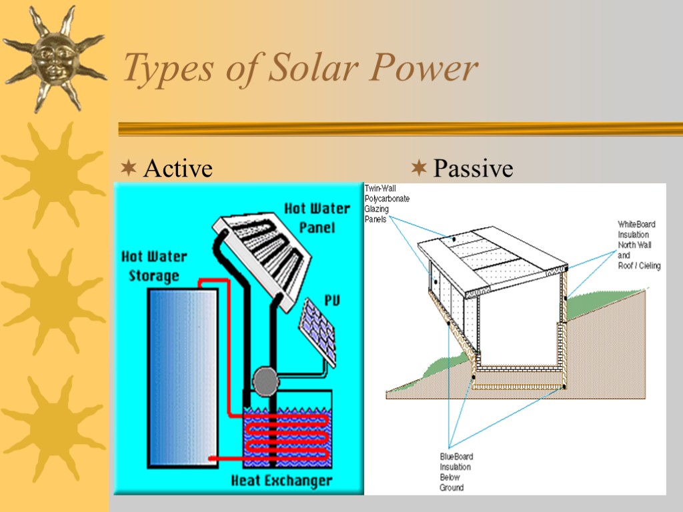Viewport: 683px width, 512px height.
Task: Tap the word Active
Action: [x=178, y=169]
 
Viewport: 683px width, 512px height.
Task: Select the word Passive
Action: [x=473, y=169]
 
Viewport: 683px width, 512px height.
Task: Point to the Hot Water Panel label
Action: [x=317, y=217]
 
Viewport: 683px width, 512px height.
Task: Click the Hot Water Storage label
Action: [x=154, y=265]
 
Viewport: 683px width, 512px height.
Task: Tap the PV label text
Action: [x=331, y=301]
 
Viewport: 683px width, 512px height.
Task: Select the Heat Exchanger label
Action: [x=281, y=480]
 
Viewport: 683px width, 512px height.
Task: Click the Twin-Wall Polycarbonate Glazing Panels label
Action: [x=387, y=204]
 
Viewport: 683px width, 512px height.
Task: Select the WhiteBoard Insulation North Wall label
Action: [x=638, y=245]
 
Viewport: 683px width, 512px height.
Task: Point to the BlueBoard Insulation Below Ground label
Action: [x=456, y=472]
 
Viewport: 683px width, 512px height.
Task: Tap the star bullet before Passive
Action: [x=419, y=167]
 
